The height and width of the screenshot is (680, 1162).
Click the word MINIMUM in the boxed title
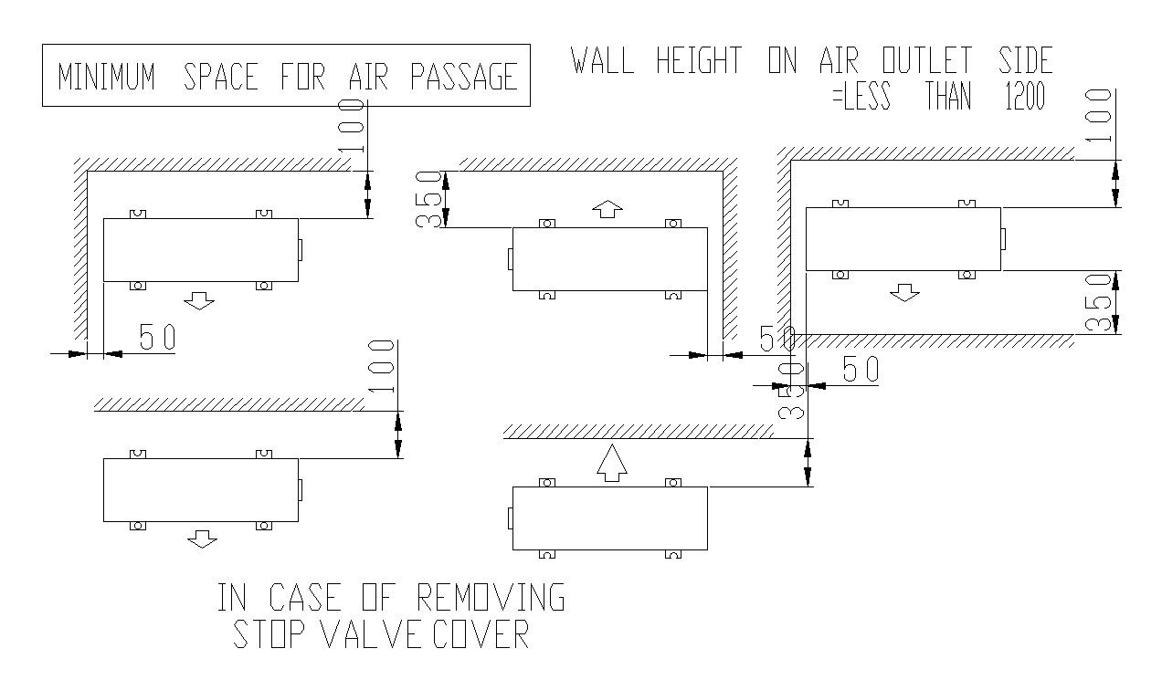coord(106,77)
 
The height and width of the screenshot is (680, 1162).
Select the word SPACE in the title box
coord(220,77)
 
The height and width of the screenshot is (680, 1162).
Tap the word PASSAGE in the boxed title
coord(464,77)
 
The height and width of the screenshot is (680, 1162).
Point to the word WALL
coord(602,59)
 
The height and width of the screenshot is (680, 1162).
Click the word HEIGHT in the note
coord(699,59)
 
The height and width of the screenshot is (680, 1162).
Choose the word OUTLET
coord(926,59)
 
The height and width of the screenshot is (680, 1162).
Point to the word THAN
coord(948,96)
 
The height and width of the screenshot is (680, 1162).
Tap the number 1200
coord(1025,96)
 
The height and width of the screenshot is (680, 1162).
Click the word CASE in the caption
coord(305,597)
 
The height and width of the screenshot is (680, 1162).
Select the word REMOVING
coord(491,597)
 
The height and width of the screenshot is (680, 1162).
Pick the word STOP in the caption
coord(269,633)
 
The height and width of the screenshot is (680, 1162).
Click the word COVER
coord(481,633)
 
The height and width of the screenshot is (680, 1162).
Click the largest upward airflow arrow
coord(612,463)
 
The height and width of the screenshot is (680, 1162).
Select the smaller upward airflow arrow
coord(607,209)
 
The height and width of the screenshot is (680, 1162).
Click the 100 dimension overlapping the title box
coord(351,127)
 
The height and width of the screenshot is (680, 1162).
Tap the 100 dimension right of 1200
coord(1098,115)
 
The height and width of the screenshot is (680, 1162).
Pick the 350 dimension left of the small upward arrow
coord(428,200)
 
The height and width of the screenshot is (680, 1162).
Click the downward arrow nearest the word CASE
coord(202,539)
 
